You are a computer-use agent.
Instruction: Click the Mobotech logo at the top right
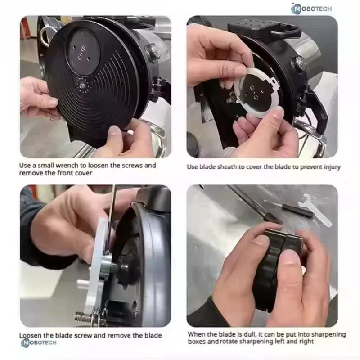click(x=311, y=9)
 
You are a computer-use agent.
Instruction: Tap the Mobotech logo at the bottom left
click(x=39, y=342)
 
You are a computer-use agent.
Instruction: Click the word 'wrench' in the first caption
click(x=67, y=165)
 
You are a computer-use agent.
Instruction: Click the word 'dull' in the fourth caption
click(x=248, y=334)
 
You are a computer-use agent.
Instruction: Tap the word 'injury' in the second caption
click(x=332, y=167)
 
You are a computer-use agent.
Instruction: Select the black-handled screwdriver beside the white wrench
click(x=289, y=209)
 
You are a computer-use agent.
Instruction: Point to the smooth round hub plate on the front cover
click(x=83, y=51)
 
